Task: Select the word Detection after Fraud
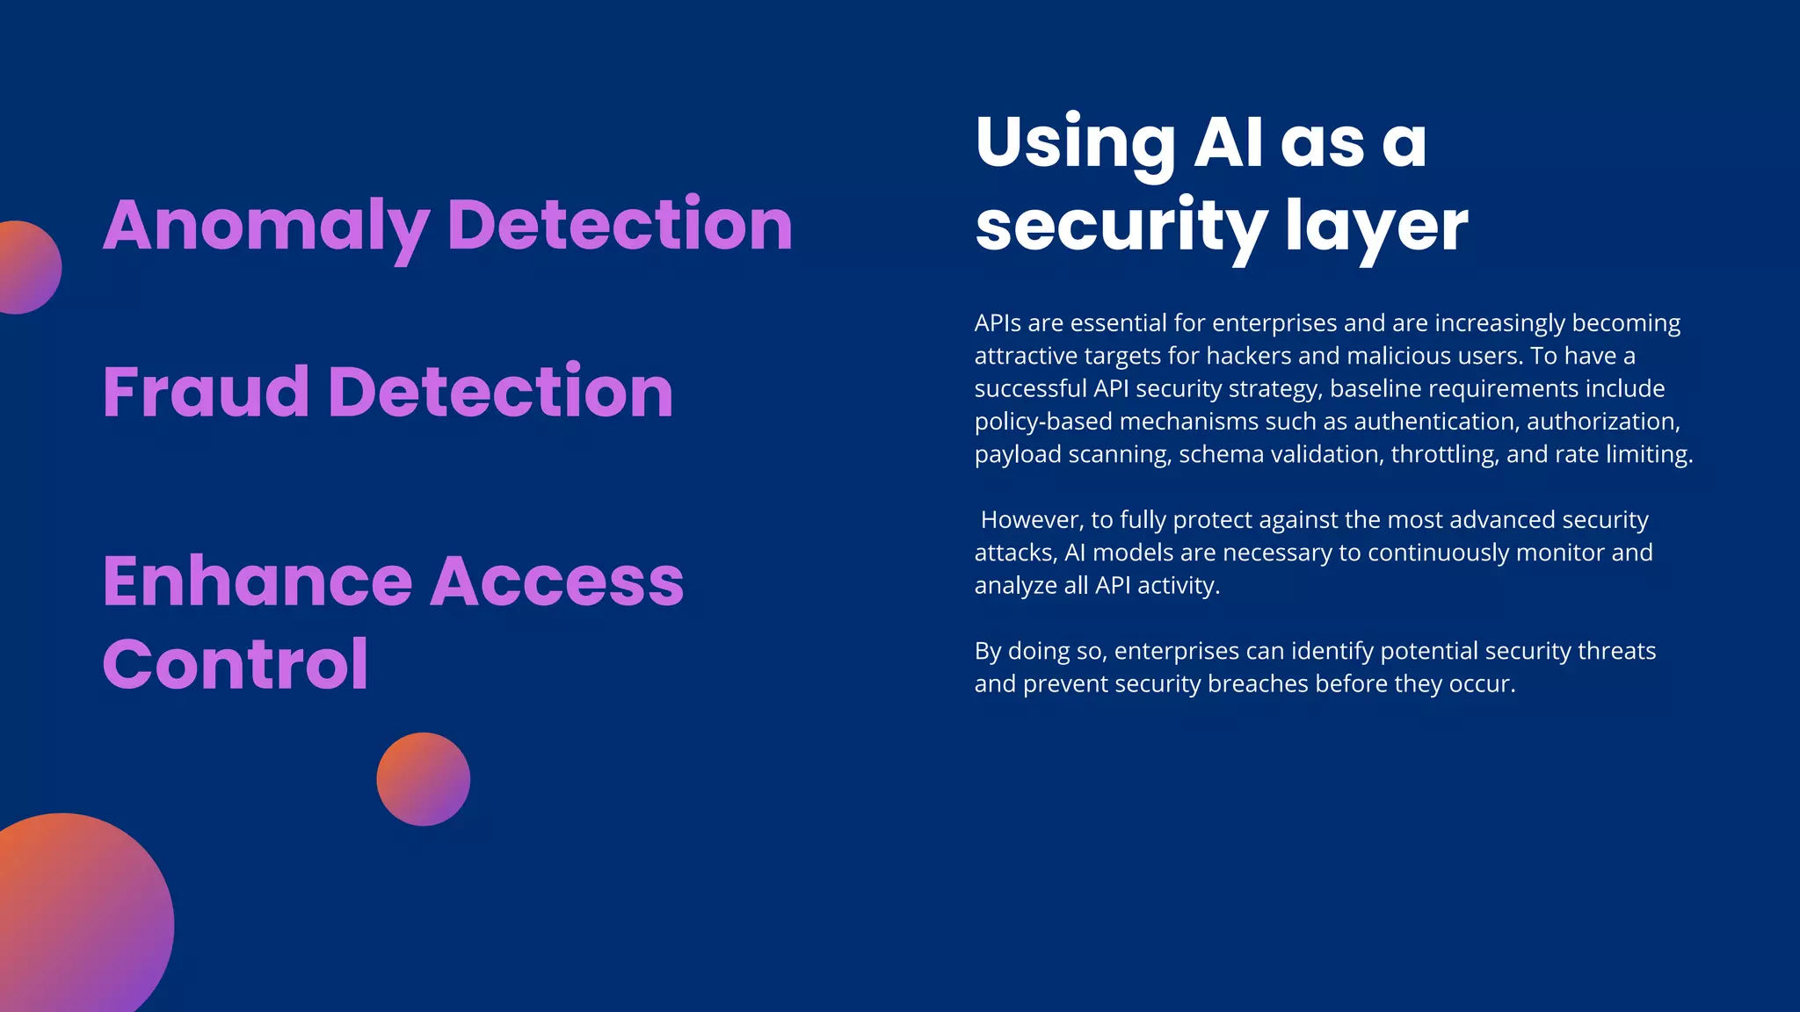(x=500, y=392)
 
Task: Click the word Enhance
(x=258, y=582)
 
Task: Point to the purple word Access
(x=557, y=582)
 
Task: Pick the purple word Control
(x=236, y=665)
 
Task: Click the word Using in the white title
(x=1074, y=143)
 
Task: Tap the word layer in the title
(x=1376, y=226)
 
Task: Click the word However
(x=1031, y=520)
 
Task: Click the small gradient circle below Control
(x=423, y=779)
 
